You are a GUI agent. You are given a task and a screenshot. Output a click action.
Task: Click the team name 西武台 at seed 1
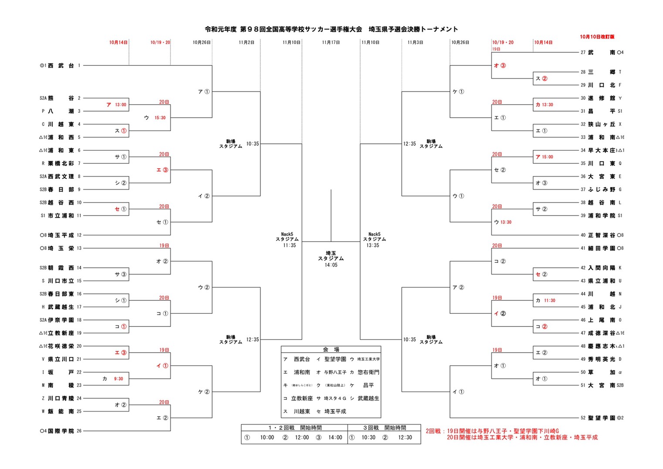coord(61,65)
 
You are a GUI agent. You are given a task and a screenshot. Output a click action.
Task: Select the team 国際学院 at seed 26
coord(61,431)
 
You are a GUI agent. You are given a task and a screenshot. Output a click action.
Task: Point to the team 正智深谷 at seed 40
coord(602,235)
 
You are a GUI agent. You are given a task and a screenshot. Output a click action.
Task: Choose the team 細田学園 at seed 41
coord(602,248)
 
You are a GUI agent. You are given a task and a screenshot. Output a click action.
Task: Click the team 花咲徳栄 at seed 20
coord(61,346)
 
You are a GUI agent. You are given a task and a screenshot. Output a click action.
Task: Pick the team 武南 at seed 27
coord(602,52)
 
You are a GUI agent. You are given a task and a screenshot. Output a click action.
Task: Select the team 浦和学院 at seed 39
coord(602,216)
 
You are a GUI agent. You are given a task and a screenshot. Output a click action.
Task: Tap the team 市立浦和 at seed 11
coord(61,216)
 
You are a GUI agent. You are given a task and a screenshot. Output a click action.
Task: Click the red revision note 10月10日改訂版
coord(597,37)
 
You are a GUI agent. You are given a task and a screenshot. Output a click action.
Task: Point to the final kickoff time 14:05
coord(331,265)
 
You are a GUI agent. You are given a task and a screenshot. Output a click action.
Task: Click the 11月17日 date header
coord(331,42)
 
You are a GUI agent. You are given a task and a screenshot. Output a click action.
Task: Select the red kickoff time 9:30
coord(118,379)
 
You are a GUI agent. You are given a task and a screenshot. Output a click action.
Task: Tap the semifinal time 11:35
coord(289,245)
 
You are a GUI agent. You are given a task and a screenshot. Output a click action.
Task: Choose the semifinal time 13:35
coord(372,245)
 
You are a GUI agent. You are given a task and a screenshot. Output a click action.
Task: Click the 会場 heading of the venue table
coord(331,350)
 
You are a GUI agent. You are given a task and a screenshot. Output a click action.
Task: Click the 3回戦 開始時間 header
coord(384,428)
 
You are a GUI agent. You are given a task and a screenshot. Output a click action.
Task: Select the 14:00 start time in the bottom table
coord(335,438)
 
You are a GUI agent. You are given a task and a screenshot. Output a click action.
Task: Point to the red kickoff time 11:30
coord(549,300)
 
